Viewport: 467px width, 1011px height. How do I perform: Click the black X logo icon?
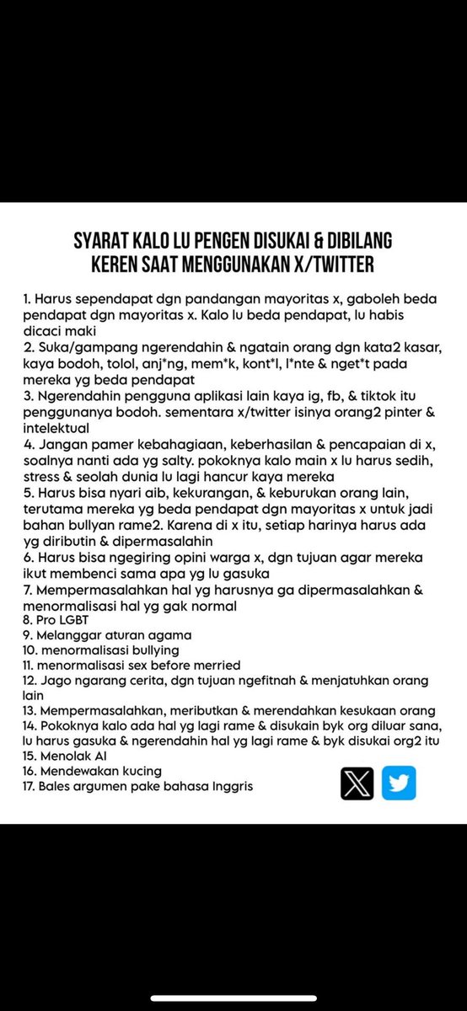[357, 783]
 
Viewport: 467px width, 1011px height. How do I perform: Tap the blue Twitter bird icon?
[399, 783]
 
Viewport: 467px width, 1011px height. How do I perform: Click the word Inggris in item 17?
[228, 786]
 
